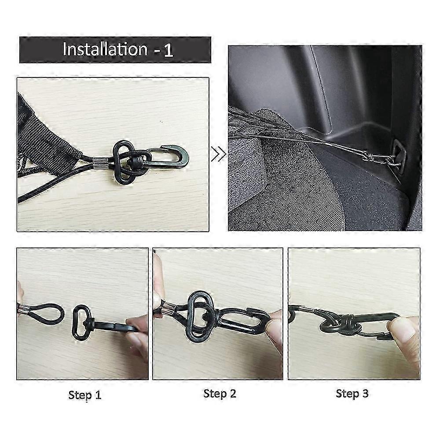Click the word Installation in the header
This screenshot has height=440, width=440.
(105, 49)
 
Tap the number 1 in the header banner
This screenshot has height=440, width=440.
(169, 50)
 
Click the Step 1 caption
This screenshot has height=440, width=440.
(85, 395)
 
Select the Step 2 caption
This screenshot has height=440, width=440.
(220, 394)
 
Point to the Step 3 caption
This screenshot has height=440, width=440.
(352, 394)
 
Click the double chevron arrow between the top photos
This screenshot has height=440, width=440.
(219, 154)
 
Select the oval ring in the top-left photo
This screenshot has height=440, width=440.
(123, 162)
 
